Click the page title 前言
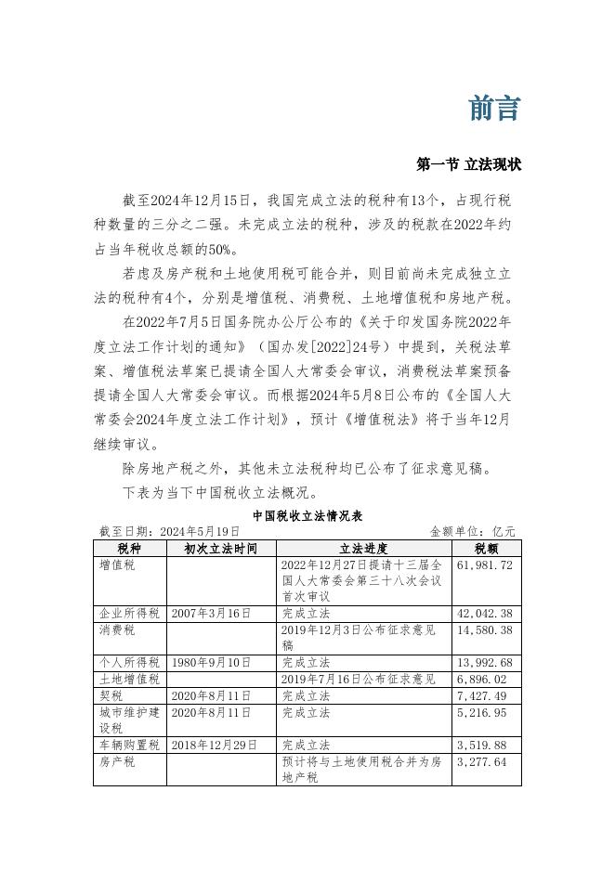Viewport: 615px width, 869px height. (493, 109)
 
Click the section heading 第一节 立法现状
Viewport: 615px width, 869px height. (469, 164)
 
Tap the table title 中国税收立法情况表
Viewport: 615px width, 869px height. (307, 516)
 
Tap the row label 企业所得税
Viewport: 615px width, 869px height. (129, 614)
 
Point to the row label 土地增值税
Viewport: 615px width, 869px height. (129, 679)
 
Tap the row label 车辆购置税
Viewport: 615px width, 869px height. (129, 744)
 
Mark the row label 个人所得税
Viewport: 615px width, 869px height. (129, 662)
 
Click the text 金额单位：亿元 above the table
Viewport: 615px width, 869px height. (472, 532)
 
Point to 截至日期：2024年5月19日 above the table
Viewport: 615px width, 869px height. (169, 532)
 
